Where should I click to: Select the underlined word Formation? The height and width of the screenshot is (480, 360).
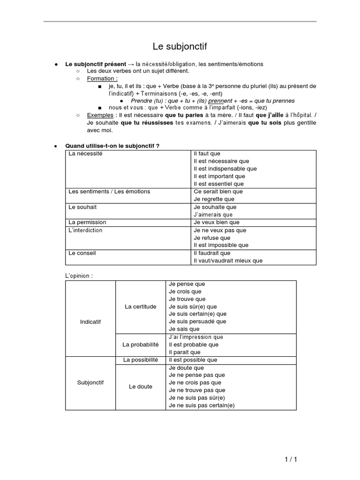[102, 78]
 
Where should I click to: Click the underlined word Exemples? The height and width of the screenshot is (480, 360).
[100, 115]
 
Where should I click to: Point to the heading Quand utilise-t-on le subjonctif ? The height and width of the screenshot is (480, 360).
[112, 146]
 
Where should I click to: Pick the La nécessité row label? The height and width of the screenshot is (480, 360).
[85, 154]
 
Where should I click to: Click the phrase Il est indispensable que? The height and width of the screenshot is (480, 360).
[225, 169]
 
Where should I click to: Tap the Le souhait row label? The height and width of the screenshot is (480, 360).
[82, 207]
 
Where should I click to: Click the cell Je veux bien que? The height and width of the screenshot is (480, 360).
[216, 222]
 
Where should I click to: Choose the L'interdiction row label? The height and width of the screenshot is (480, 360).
[85, 230]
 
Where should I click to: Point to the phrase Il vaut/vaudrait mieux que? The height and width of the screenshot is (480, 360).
[228, 261]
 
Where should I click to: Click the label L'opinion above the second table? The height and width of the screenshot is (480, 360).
[79, 276]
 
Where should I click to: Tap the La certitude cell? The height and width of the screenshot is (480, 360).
[141, 307]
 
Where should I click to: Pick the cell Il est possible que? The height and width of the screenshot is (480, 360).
[193, 360]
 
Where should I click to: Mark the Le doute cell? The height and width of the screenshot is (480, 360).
[141, 387]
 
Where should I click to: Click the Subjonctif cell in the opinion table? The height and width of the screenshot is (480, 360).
[90, 382]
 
